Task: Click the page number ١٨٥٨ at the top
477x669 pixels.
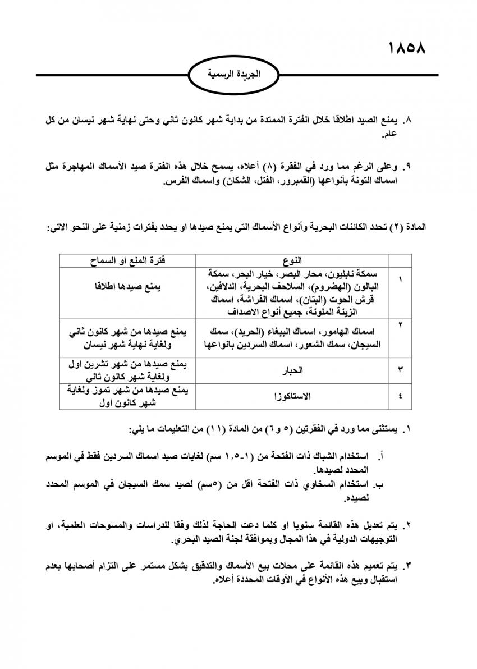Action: (406, 47)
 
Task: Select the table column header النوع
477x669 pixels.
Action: (293, 260)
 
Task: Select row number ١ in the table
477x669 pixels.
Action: (400, 279)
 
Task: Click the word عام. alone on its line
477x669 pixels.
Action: (389, 135)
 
